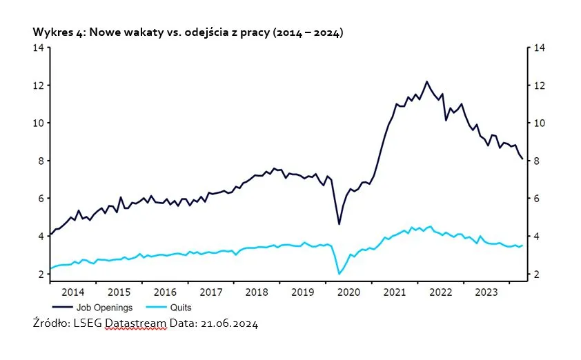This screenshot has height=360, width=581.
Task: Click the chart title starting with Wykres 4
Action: coord(188,32)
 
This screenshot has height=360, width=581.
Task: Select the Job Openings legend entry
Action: coord(102,308)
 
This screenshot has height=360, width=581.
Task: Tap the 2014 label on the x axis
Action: coord(72,292)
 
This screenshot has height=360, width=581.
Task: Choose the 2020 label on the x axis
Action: coord(348,292)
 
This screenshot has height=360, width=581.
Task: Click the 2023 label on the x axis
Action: coord(487,292)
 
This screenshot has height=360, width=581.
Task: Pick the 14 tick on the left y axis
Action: coord(39,48)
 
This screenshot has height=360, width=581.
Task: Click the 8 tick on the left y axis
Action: coord(41,161)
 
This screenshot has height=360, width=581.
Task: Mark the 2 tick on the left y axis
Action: coord(41,274)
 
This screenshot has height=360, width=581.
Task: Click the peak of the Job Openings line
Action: coord(426,81)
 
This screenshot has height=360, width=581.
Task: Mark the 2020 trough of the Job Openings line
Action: coord(339,224)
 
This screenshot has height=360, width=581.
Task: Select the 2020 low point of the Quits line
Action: coord(339,274)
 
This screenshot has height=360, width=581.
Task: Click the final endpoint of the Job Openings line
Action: coord(522,159)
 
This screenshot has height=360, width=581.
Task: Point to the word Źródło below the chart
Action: coord(50,323)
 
